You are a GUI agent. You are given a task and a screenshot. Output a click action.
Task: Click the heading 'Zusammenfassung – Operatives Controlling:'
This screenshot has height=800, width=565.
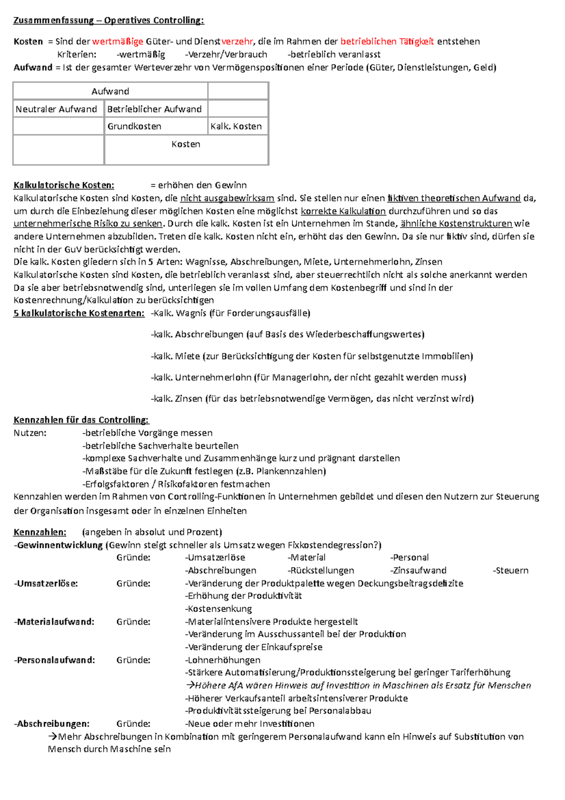[109, 20]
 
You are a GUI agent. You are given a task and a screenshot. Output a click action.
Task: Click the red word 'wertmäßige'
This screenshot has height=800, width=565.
[118, 41]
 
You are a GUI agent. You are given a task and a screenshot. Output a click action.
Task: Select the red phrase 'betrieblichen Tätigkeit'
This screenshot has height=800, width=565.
[387, 41]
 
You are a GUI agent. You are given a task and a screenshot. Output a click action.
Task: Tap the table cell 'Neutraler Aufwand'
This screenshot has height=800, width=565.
[56, 109]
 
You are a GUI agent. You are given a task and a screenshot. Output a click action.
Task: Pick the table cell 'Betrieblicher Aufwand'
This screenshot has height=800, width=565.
[154, 109]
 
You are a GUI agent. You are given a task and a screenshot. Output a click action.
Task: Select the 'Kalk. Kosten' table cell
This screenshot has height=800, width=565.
[236, 126]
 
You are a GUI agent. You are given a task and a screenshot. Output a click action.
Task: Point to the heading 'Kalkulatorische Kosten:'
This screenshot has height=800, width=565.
[64, 185]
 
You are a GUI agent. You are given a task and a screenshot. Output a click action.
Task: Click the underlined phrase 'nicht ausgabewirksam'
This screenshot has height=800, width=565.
[227, 198]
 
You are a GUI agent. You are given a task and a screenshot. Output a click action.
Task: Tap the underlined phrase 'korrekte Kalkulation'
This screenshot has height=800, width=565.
[343, 211]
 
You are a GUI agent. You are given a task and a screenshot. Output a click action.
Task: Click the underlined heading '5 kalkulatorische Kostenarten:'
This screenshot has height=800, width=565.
[79, 313]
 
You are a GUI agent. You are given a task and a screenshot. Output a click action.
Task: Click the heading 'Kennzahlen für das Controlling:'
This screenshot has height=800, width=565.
[81, 420]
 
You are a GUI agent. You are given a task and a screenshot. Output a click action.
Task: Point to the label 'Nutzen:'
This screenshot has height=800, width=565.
[30, 433]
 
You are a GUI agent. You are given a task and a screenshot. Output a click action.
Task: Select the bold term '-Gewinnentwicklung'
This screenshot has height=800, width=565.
[58, 545]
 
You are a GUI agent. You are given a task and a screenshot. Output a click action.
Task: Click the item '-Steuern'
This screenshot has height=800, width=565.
[511, 571]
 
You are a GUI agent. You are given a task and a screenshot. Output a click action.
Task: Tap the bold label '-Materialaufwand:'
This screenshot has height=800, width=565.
[54, 622]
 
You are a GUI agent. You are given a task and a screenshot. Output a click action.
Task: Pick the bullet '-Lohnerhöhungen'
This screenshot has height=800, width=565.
[223, 660]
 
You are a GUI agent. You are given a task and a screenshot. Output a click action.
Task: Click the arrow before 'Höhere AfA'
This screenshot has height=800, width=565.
[190, 686]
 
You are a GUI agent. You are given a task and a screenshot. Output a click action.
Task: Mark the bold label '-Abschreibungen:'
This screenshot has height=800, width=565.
[52, 724]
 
